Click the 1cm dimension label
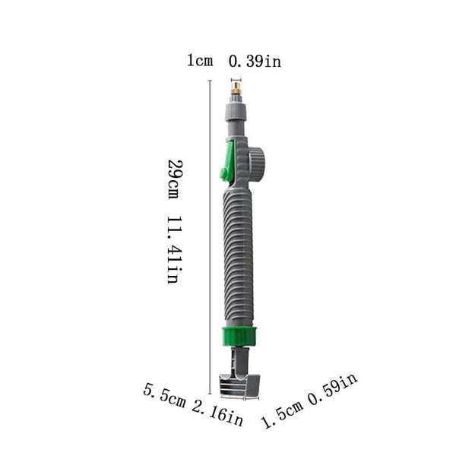(200, 62)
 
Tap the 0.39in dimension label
(255, 62)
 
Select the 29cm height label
(175, 179)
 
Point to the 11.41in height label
(173, 250)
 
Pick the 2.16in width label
(217, 415)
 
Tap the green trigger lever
(227, 165)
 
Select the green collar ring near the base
(240, 335)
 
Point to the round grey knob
(257, 163)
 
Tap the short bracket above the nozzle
(236, 79)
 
